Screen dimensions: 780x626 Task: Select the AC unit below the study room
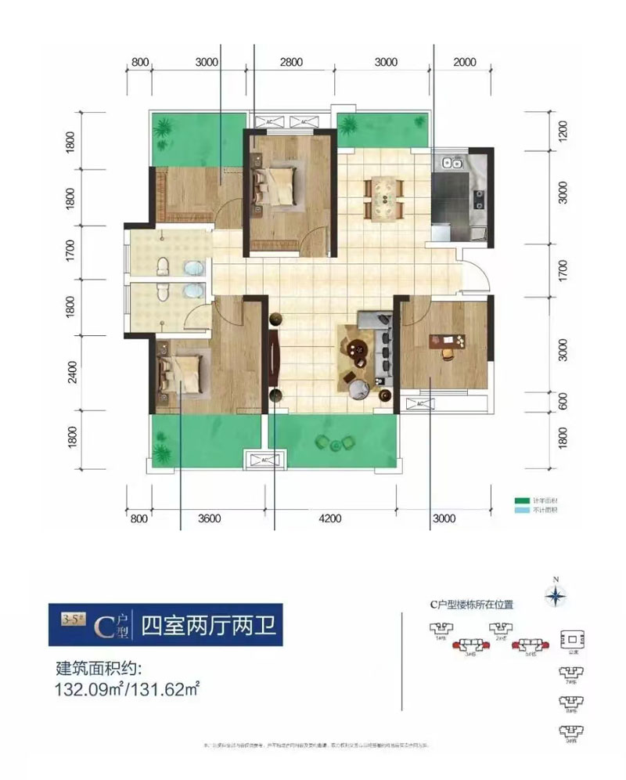point(420,403)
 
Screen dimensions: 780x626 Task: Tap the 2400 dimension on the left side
point(72,370)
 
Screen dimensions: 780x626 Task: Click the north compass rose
point(555,596)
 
